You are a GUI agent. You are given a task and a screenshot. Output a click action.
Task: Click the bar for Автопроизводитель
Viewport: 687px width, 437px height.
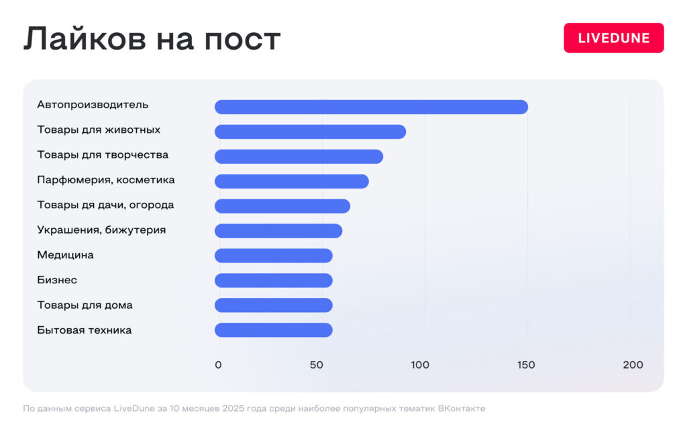tap(371, 107)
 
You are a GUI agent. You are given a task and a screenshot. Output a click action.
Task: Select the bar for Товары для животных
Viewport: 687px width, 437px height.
tap(310, 132)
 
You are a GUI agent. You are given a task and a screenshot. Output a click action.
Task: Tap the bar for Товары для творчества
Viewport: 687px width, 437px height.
tap(299, 156)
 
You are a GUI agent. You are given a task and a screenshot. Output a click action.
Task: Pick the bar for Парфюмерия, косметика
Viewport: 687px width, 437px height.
tap(291, 181)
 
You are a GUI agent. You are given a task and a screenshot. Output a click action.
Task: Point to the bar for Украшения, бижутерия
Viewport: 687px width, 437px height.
tap(278, 231)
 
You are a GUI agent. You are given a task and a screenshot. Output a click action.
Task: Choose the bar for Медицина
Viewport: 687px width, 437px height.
tap(273, 256)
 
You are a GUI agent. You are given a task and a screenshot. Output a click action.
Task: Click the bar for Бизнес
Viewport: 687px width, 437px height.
tap(273, 281)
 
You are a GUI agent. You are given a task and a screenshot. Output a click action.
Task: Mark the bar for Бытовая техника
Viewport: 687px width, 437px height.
tap(273, 330)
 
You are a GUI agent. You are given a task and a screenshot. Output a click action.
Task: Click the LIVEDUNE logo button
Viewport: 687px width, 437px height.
tap(613, 38)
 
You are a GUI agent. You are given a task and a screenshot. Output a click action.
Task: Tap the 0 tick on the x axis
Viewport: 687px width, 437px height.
tap(218, 365)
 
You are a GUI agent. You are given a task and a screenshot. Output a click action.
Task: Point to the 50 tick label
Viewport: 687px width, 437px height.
tap(316, 365)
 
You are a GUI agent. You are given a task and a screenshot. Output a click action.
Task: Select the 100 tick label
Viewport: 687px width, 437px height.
tap(420, 365)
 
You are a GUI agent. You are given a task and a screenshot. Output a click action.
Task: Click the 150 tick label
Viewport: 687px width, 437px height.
tap(526, 365)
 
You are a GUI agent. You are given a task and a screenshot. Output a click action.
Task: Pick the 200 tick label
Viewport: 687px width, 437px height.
tap(633, 365)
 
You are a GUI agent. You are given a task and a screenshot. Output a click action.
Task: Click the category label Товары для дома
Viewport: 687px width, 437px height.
tap(85, 305)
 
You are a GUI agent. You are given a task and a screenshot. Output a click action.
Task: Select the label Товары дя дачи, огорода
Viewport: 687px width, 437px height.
tap(105, 205)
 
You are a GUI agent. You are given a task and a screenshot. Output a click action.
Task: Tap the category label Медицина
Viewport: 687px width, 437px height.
tap(65, 255)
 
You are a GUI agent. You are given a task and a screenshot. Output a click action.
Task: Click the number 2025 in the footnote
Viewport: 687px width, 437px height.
tap(225, 408)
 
